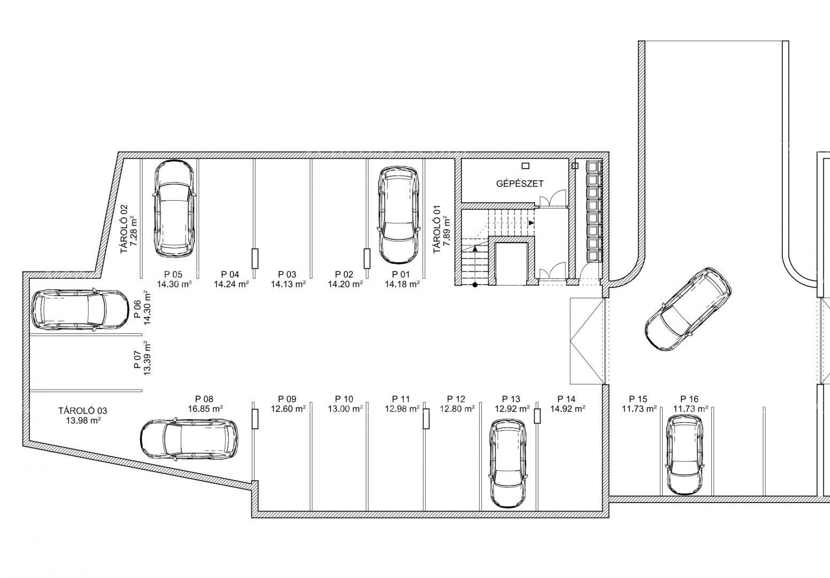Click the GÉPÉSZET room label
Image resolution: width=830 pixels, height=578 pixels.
(519, 184)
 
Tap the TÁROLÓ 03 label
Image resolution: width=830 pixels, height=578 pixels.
(83, 411)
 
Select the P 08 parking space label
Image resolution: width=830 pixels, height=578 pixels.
(204, 399)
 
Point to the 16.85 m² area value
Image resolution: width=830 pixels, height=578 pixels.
(204, 409)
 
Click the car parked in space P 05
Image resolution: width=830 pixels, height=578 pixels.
(174, 209)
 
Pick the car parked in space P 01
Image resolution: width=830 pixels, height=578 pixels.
(399, 215)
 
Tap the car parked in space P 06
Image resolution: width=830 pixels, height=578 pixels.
(80, 310)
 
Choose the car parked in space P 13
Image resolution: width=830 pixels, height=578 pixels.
(508, 463)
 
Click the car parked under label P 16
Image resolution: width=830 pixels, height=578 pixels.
(684, 455)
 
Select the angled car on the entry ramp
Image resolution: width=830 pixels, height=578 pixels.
(688, 309)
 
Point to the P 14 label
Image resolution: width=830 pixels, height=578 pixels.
(566, 399)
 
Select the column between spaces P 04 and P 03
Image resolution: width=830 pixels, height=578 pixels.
(255, 259)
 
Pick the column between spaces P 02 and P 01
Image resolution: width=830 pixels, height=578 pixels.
(367, 259)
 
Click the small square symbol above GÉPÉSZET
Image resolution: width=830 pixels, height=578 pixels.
(525, 166)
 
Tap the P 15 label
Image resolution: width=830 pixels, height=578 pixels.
(638, 399)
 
